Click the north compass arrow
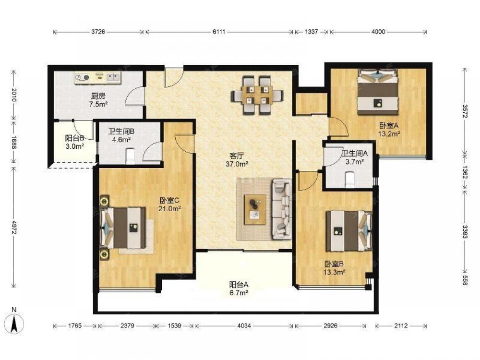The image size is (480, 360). pyautogui.click(x=14, y=324)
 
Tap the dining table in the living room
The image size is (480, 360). pyautogui.click(x=257, y=95)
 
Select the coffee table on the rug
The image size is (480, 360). pyautogui.click(x=255, y=209)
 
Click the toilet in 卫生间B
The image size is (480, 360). pyautogui.click(x=131, y=156)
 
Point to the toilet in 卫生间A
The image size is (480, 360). pyautogui.click(x=349, y=180)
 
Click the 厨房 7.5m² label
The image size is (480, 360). pyautogui.click(x=98, y=100)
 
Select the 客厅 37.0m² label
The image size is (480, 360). pyautogui.click(x=237, y=160)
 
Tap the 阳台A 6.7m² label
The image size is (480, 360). pyautogui.click(x=239, y=288)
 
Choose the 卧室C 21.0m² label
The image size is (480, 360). pyautogui.click(x=169, y=204)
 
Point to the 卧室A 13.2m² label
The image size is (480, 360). pyautogui.click(x=389, y=130)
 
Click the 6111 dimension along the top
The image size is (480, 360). pyautogui.click(x=219, y=32)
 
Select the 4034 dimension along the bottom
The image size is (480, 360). pyautogui.click(x=244, y=326)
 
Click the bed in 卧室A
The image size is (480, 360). pyautogui.click(x=378, y=92)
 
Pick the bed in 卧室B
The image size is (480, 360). pyautogui.click(x=349, y=231)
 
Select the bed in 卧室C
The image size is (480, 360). pyautogui.click(x=123, y=228)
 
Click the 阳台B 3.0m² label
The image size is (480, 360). pyautogui.click(x=75, y=143)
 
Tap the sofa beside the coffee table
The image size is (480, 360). pyautogui.click(x=282, y=209)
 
